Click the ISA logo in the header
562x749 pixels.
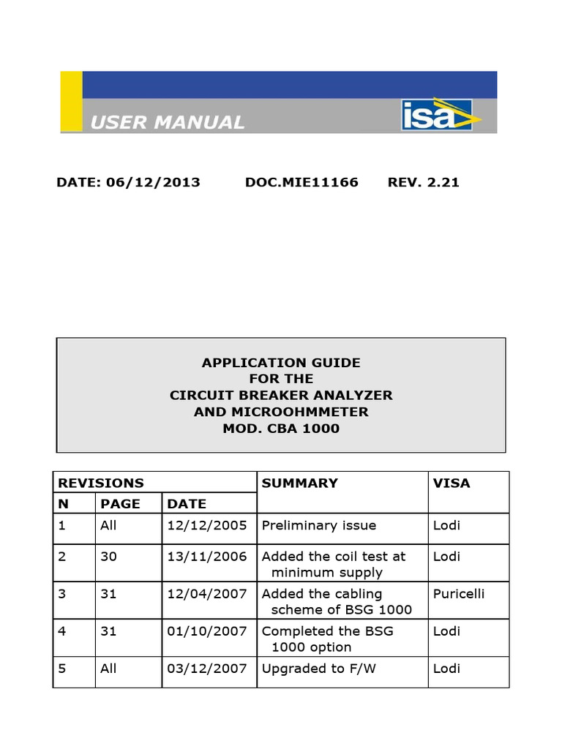(x=440, y=115)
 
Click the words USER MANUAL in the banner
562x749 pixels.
(x=167, y=122)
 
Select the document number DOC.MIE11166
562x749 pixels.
(x=301, y=182)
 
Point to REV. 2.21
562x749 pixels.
(x=423, y=182)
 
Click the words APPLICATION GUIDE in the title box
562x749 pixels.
(x=281, y=362)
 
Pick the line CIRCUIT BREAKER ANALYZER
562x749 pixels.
(x=281, y=395)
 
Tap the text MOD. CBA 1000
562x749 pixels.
(x=281, y=428)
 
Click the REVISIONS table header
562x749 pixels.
(x=101, y=483)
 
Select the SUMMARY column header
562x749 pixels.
(x=300, y=483)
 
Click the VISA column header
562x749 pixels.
(x=452, y=483)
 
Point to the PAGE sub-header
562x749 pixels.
(x=120, y=503)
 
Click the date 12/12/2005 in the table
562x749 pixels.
(x=207, y=525)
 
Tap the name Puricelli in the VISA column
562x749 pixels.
(x=460, y=593)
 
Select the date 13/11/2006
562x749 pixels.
(x=207, y=557)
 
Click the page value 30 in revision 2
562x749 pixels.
(x=108, y=557)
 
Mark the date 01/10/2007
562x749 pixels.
(x=207, y=631)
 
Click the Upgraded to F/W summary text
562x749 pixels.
(x=319, y=669)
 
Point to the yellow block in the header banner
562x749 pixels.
(x=71, y=102)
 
